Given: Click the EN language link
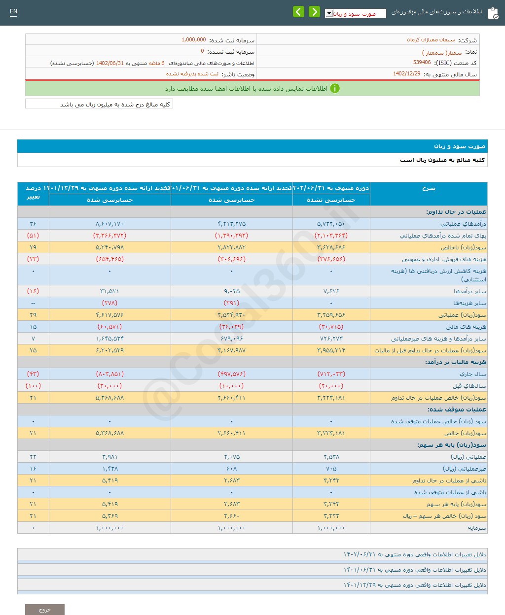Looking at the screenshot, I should pos(13,11).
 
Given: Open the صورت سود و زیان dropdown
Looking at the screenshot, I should pos(355,14).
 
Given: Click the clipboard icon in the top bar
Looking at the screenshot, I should pos(493,13).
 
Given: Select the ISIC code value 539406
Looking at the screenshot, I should pos(422,63).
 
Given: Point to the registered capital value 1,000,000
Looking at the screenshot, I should pos(194,40).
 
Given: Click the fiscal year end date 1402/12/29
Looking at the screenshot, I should pos(407,74).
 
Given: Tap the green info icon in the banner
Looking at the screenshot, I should pos(335,89).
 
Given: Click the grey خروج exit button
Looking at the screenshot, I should pos(45,610).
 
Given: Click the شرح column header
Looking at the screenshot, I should pos(428,188).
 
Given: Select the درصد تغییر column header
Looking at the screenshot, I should pos(33,193).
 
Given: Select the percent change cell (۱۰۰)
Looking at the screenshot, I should pos(33,386).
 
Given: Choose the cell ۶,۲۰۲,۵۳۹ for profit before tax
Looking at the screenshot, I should pos(109,350).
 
